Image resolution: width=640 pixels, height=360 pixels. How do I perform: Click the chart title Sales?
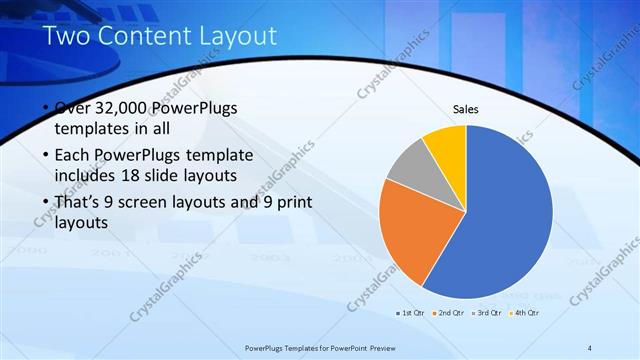[466, 109]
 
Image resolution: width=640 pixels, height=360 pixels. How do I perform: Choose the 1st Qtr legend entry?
[411, 313]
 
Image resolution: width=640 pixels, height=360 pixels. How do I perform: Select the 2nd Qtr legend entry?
[452, 313]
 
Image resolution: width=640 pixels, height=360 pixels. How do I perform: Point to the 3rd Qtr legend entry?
[487, 313]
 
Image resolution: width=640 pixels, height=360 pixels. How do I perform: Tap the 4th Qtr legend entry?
[525, 313]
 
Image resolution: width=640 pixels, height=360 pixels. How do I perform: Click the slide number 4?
[590, 347]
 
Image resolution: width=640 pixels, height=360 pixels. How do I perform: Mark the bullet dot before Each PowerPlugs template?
[46, 156]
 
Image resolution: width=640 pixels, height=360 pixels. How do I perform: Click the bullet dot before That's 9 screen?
[46, 203]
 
